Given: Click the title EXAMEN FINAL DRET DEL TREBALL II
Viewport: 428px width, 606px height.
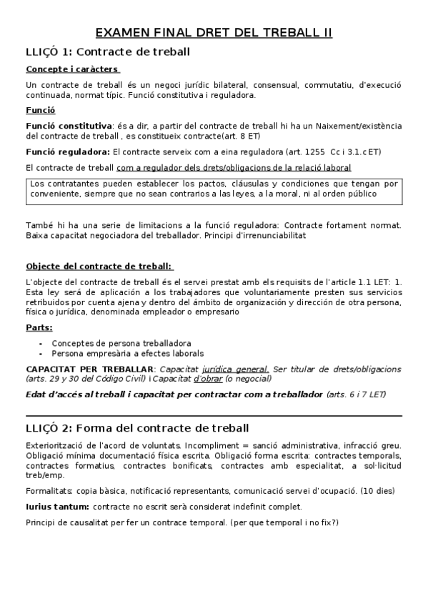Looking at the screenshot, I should tap(214, 33).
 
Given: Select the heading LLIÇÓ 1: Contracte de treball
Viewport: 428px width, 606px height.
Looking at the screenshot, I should tap(107, 51).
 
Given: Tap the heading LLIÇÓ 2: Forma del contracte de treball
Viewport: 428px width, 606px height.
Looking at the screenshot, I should tap(137, 428).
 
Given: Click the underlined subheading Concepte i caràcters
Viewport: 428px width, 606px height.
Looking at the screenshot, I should tap(72, 69).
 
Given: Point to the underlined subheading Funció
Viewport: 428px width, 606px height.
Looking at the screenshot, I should tap(40, 111).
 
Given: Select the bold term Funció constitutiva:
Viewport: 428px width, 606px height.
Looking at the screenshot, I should tap(69, 125).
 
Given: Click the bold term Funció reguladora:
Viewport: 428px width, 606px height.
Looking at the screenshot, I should tap(68, 151).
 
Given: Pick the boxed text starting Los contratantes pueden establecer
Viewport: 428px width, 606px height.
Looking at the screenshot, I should tap(214, 189).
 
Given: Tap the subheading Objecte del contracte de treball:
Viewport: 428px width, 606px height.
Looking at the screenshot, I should tap(99, 266).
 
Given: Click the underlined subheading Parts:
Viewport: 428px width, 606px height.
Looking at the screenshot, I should tap(39, 328).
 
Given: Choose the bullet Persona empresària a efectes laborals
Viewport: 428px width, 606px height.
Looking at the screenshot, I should tap(127, 353).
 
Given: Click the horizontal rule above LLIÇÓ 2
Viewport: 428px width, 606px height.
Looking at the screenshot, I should tap(214, 415).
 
